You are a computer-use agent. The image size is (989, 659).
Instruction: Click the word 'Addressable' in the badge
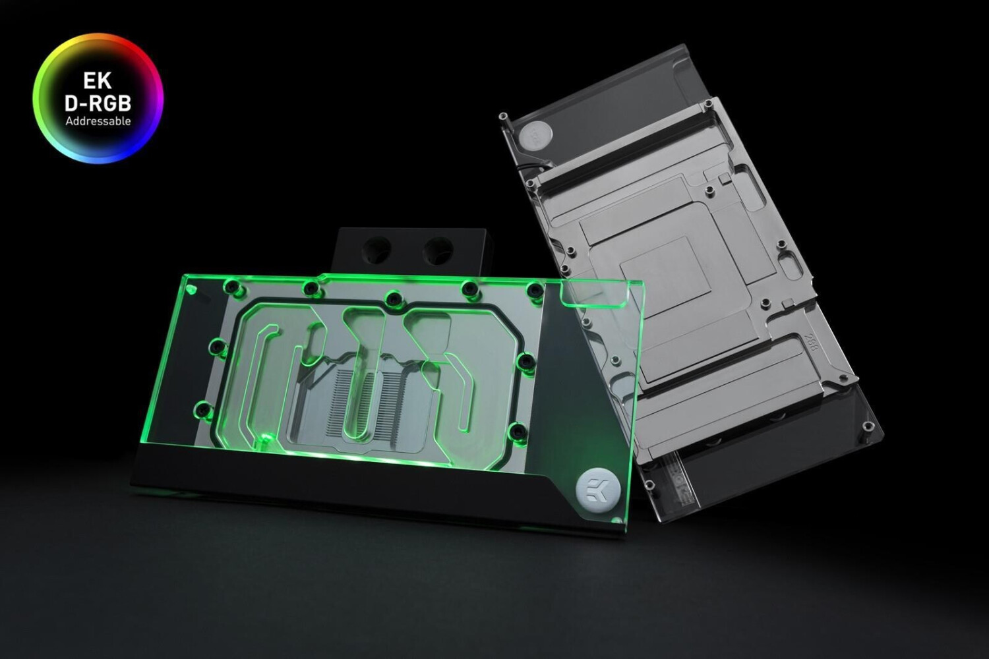98,121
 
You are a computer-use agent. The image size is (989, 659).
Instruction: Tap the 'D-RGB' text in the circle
98,102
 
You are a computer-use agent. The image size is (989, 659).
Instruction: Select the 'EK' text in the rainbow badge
98,82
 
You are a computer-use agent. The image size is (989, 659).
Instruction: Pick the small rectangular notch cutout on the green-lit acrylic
589,299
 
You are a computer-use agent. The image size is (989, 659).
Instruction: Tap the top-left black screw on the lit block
231,285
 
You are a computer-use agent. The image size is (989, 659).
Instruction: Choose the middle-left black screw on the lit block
214,345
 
